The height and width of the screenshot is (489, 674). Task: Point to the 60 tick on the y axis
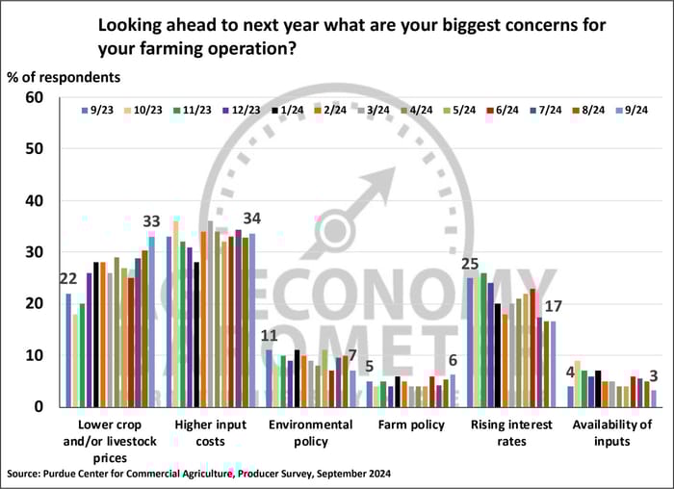click(x=36, y=97)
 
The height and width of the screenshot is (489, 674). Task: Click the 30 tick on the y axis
click(x=36, y=252)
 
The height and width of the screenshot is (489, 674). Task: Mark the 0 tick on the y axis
click(x=39, y=406)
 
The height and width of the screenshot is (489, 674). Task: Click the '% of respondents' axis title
click(x=64, y=75)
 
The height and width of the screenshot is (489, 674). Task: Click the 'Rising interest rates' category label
click(x=510, y=432)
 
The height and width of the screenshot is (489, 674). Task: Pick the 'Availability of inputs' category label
click(x=612, y=432)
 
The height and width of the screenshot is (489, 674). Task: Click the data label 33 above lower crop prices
click(x=150, y=221)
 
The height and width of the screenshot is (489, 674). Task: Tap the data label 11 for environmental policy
click(x=271, y=336)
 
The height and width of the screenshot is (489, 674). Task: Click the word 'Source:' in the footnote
click(x=28, y=474)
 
